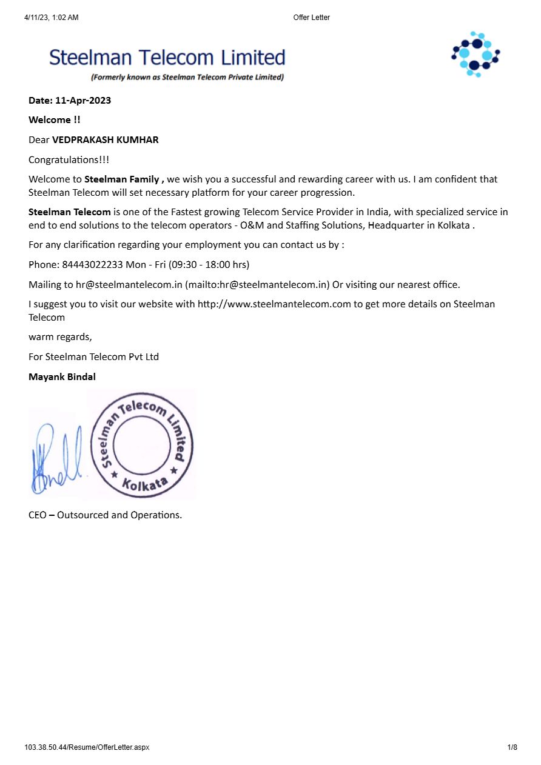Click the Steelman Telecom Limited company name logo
tap(167, 58)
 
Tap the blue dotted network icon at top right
tap(475, 54)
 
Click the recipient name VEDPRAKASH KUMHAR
tap(106, 140)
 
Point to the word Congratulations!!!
tap(69, 160)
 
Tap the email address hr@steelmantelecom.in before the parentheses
tap(129, 285)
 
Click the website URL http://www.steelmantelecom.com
tap(274, 304)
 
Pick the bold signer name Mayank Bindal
tap(62, 377)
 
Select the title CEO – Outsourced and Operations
tap(105, 515)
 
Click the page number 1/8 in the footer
tap(512, 747)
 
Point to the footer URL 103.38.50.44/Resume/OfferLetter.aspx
tap(87, 747)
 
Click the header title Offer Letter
tap(311, 18)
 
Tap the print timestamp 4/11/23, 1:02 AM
tap(52, 18)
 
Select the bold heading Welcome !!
tap(55, 120)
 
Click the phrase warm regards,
tap(60, 337)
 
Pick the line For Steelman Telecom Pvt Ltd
tap(93, 357)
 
